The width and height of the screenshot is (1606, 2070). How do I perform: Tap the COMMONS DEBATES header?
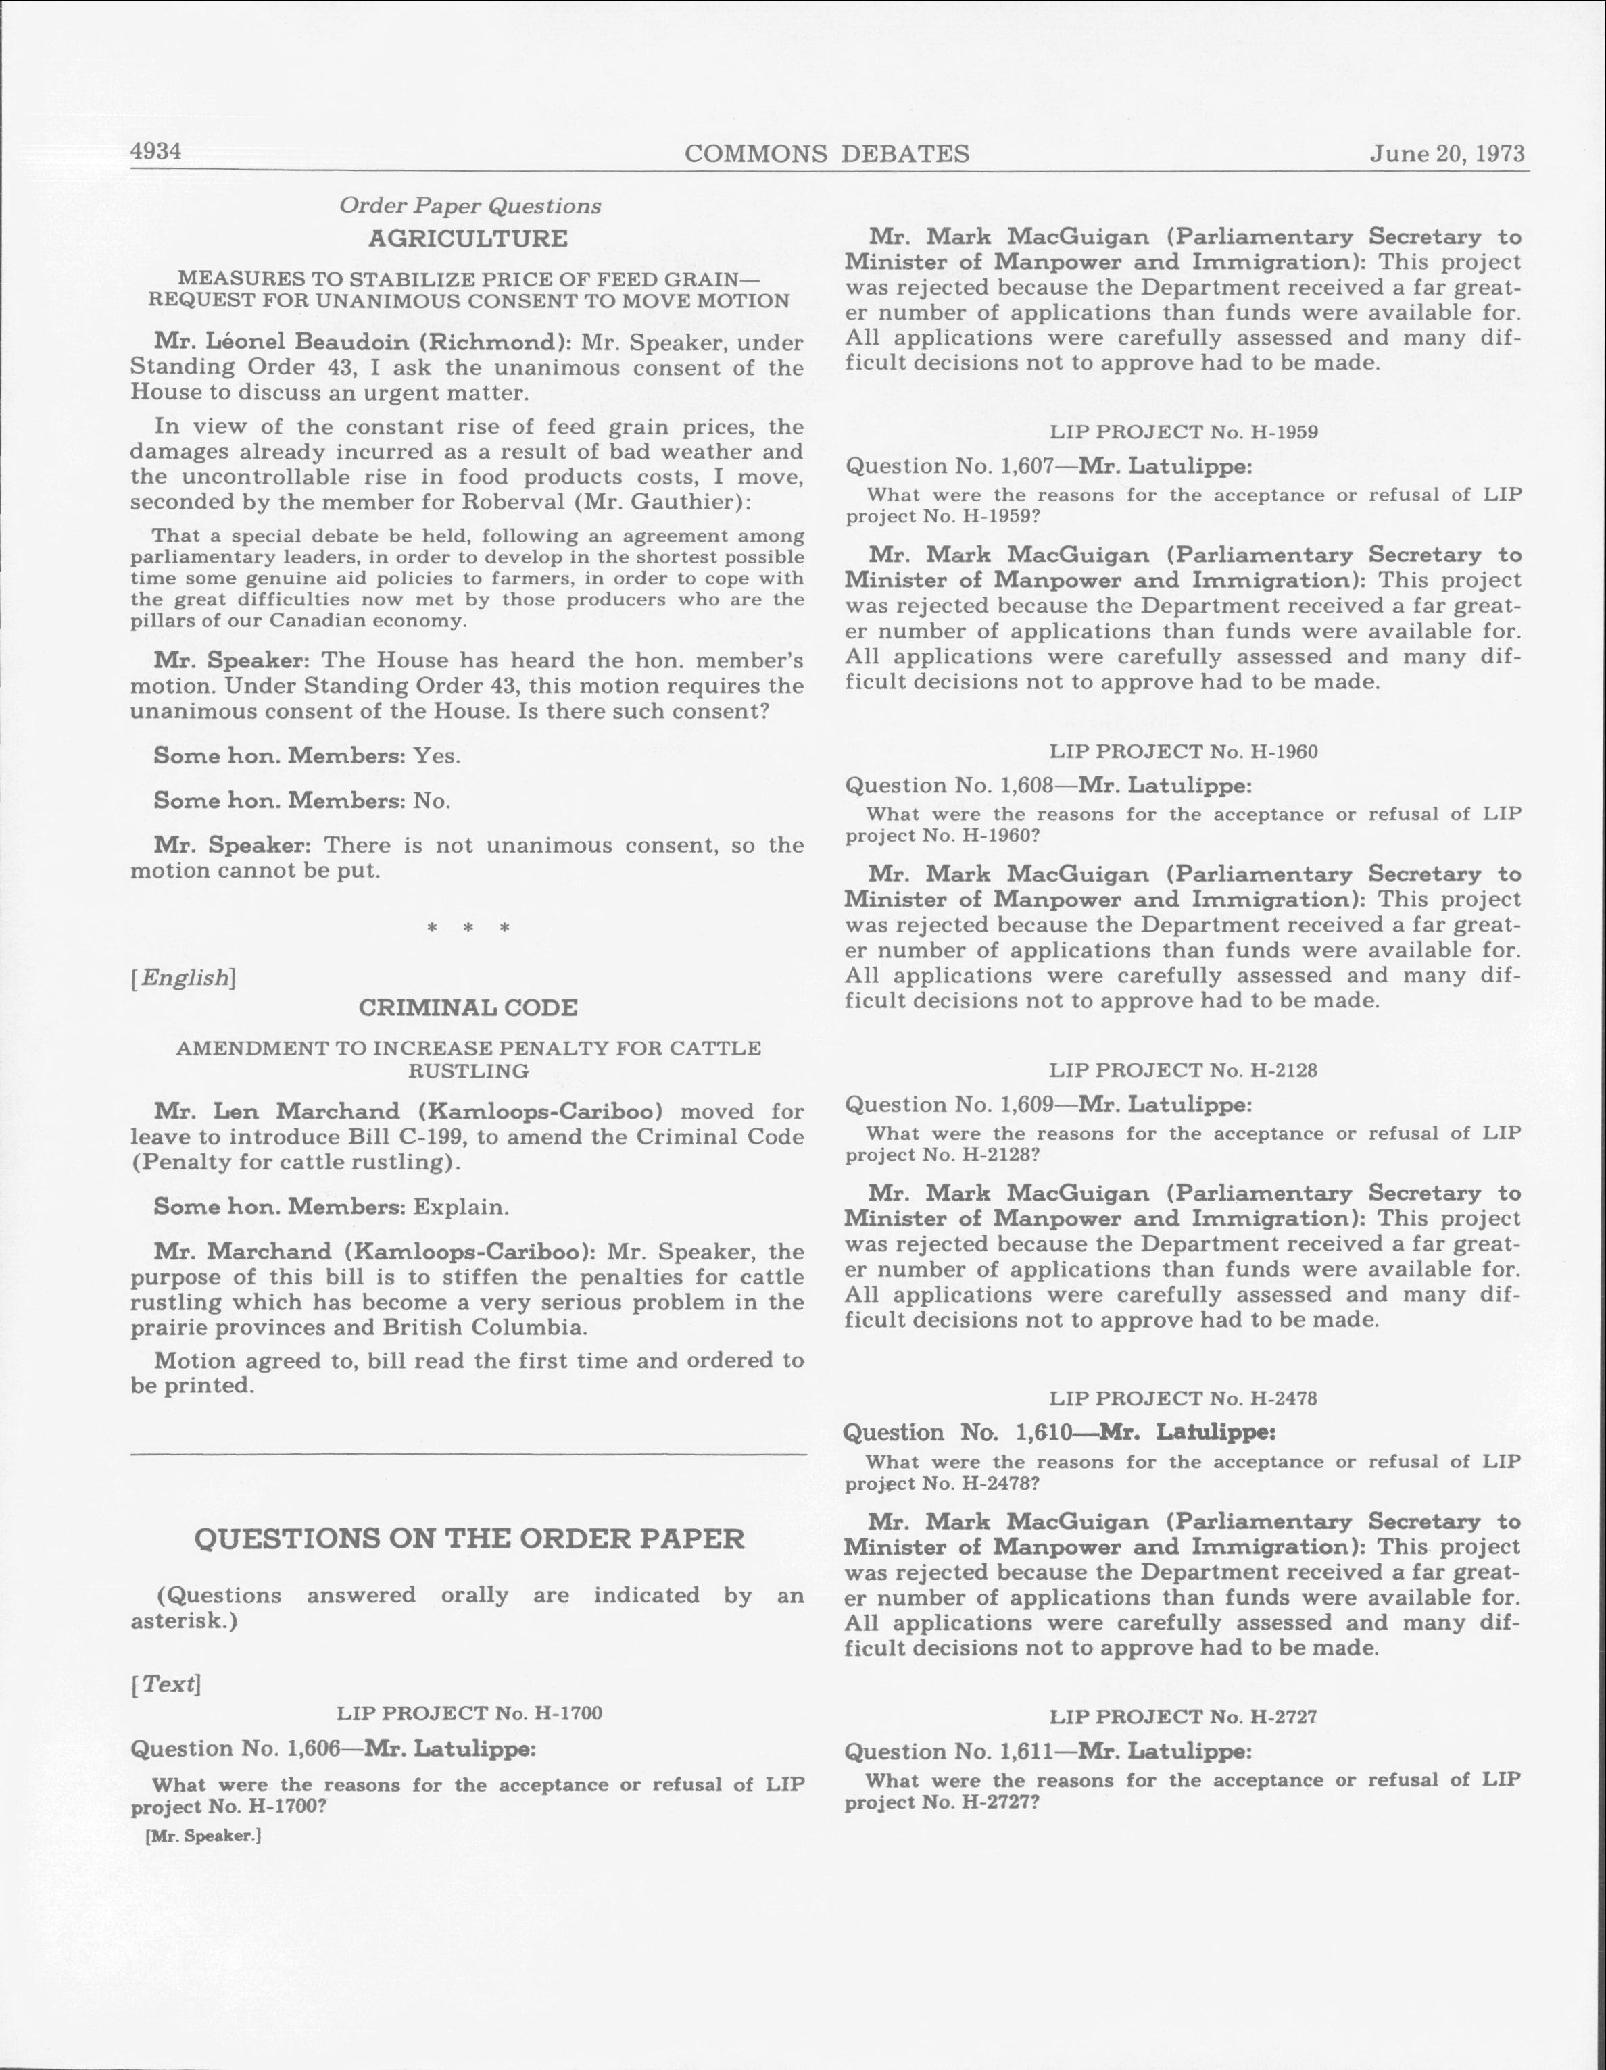(827, 153)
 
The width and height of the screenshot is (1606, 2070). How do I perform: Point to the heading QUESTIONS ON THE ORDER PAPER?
(469, 1538)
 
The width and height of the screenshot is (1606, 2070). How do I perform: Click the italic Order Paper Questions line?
(470, 205)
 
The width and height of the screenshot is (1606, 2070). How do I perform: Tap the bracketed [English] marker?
(183, 977)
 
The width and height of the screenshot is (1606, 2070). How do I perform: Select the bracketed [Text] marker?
(167, 1684)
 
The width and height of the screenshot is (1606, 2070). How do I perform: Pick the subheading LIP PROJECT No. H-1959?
(1183, 432)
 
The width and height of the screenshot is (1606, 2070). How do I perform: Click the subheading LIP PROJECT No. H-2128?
(1183, 1070)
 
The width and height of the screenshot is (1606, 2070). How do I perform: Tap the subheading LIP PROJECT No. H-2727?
(1183, 1717)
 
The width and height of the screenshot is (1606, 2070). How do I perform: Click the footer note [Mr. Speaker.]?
(203, 1836)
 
